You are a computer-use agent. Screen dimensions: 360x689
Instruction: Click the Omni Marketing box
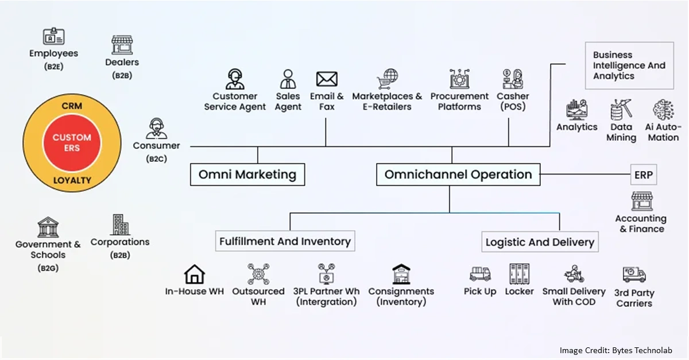[247, 175]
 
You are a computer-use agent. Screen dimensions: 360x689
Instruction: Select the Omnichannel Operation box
[458, 175]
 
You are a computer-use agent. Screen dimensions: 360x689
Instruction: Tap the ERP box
[643, 175]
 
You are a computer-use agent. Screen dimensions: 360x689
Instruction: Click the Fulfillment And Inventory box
[285, 241]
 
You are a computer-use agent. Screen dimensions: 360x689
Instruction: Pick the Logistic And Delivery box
[540, 242]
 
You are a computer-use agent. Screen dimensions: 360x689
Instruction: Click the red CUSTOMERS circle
[72, 142]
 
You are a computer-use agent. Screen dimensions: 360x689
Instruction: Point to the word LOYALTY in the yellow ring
[72, 180]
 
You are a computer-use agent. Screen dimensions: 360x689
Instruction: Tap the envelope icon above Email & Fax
[327, 79]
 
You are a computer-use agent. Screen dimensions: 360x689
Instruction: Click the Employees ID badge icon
[53, 37]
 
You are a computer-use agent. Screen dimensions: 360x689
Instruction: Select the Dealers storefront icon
[122, 45]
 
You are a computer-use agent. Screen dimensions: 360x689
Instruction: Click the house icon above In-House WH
[194, 274]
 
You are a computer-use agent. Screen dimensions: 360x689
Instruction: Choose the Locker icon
[519, 274]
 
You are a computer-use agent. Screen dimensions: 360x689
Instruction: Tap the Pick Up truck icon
[479, 274]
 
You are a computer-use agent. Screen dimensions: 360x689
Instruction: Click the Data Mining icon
[621, 110]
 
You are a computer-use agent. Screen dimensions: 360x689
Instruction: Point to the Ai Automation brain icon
[663, 110]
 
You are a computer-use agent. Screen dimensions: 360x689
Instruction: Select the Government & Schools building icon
[48, 227]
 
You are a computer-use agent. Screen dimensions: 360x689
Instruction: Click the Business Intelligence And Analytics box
[629, 65]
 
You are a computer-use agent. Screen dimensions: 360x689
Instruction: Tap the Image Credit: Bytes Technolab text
[616, 350]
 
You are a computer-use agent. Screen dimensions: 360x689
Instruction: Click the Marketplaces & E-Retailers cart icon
[387, 79]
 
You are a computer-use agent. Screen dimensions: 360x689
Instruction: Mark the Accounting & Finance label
[641, 224]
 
